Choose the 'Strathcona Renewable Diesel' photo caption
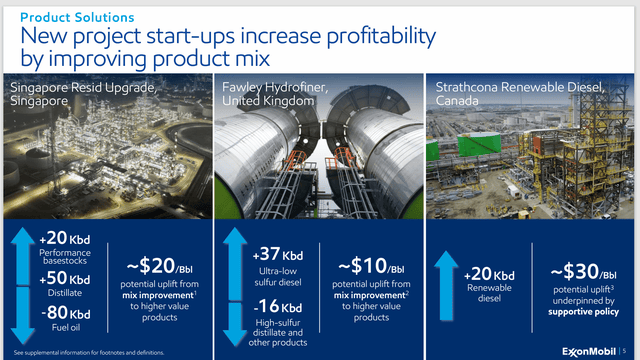click(519, 89)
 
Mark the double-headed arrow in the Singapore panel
click(21, 284)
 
